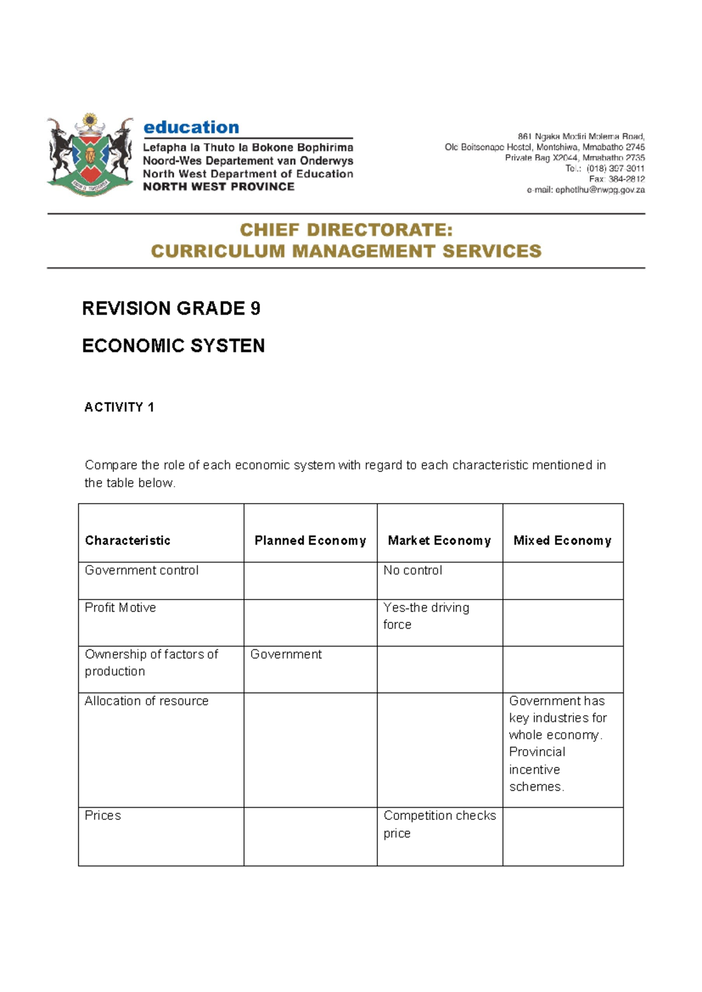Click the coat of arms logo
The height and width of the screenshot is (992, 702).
tap(90, 155)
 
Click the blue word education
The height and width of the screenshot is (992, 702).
tap(191, 127)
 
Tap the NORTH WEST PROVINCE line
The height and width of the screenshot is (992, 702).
tap(219, 187)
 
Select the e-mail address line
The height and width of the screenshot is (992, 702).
tap(586, 190)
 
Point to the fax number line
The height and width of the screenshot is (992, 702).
tap(617, 179)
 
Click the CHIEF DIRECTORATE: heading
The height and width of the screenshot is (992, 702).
tap(346, 230)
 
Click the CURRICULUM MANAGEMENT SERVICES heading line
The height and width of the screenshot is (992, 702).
tap(346, 251)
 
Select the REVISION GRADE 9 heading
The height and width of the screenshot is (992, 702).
tap(171, 308)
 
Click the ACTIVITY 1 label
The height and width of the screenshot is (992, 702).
tap(119, 407)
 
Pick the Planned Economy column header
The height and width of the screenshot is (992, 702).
tap(310, 540)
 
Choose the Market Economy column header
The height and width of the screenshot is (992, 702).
tap(439, 540)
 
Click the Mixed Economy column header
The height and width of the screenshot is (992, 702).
tap(562, 540)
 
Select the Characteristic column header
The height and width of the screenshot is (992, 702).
tap(128, 540)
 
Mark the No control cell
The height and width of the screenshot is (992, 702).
tap(413, 570)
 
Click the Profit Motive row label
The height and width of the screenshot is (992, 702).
tap(121, 608)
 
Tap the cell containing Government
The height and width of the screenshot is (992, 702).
tap(286, 655)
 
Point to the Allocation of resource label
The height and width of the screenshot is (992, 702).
tap(146, 701)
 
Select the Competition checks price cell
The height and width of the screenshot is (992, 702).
tap(439, 824)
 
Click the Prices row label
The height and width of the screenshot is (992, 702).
tap(103, 815)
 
